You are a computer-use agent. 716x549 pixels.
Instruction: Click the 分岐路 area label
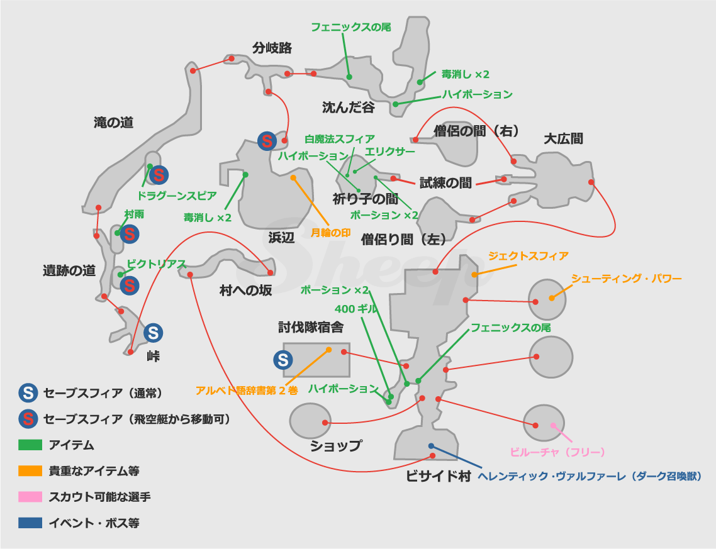pos(272,48)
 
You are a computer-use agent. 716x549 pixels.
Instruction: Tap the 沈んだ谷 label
pos(349,108)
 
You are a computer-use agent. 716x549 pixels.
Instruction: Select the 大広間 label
pos(563,138)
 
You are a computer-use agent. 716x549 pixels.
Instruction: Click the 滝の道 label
pos(113,123)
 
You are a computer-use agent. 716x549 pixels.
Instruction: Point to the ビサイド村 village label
pos(439,476)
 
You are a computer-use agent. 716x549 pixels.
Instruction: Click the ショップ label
pos(336,446)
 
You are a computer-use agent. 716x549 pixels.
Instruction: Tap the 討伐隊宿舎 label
pos(311,327)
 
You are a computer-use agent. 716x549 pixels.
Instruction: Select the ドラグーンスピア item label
pos(177,196)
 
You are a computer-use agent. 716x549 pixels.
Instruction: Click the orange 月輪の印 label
pos(330,232)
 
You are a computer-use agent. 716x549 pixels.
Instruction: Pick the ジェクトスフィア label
pos(529,256)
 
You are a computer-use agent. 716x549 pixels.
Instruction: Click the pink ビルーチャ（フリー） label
pos(557,452)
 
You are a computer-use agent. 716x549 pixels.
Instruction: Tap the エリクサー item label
pos(390,152)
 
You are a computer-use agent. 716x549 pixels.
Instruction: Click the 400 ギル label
pos(355,309)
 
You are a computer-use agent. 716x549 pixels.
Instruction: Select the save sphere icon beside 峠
pos(154,333)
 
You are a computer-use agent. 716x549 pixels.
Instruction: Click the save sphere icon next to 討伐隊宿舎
pos(283,360)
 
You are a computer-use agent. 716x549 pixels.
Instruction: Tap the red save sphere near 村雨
pos(130,235)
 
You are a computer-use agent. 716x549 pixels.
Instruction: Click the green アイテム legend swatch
pos(30,445)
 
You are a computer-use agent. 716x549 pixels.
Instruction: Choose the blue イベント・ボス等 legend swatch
pos(30,523)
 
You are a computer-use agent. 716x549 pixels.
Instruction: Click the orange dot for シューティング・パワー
pos(552,298)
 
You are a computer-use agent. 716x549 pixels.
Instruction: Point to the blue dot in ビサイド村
pos(431,446)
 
